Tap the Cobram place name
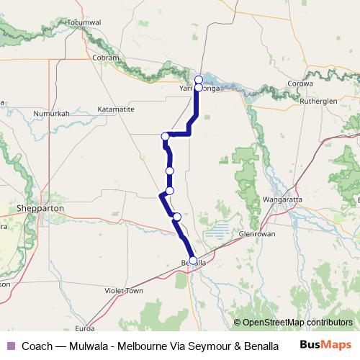click(107, 57)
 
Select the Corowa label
click(302, 84)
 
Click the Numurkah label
click(51, 114)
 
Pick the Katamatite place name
click(115, 109)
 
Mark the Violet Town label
click(125, 292)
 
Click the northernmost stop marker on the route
click(199, 79)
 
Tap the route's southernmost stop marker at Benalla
click(192, 261)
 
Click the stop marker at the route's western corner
click(166, 136)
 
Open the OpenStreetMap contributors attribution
click(297, 323)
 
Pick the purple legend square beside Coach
click(10, 346)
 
